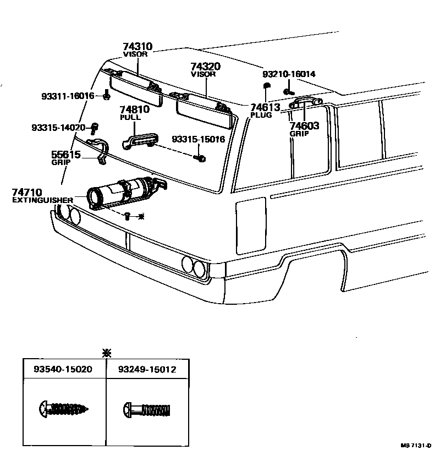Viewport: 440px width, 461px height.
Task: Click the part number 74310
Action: tap(137, 47)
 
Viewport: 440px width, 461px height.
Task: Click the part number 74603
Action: tap(304, 126)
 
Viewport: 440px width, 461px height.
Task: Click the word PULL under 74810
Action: tap(130, 118)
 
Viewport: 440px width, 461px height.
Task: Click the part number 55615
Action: tap(66, 155)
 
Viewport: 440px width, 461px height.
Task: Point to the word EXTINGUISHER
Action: tap(42, 200)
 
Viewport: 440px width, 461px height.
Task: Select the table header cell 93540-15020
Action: tap(64, 370)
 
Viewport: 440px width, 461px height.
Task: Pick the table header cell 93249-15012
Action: tap(146, 370)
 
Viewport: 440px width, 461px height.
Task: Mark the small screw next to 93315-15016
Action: tap(201, 158)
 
